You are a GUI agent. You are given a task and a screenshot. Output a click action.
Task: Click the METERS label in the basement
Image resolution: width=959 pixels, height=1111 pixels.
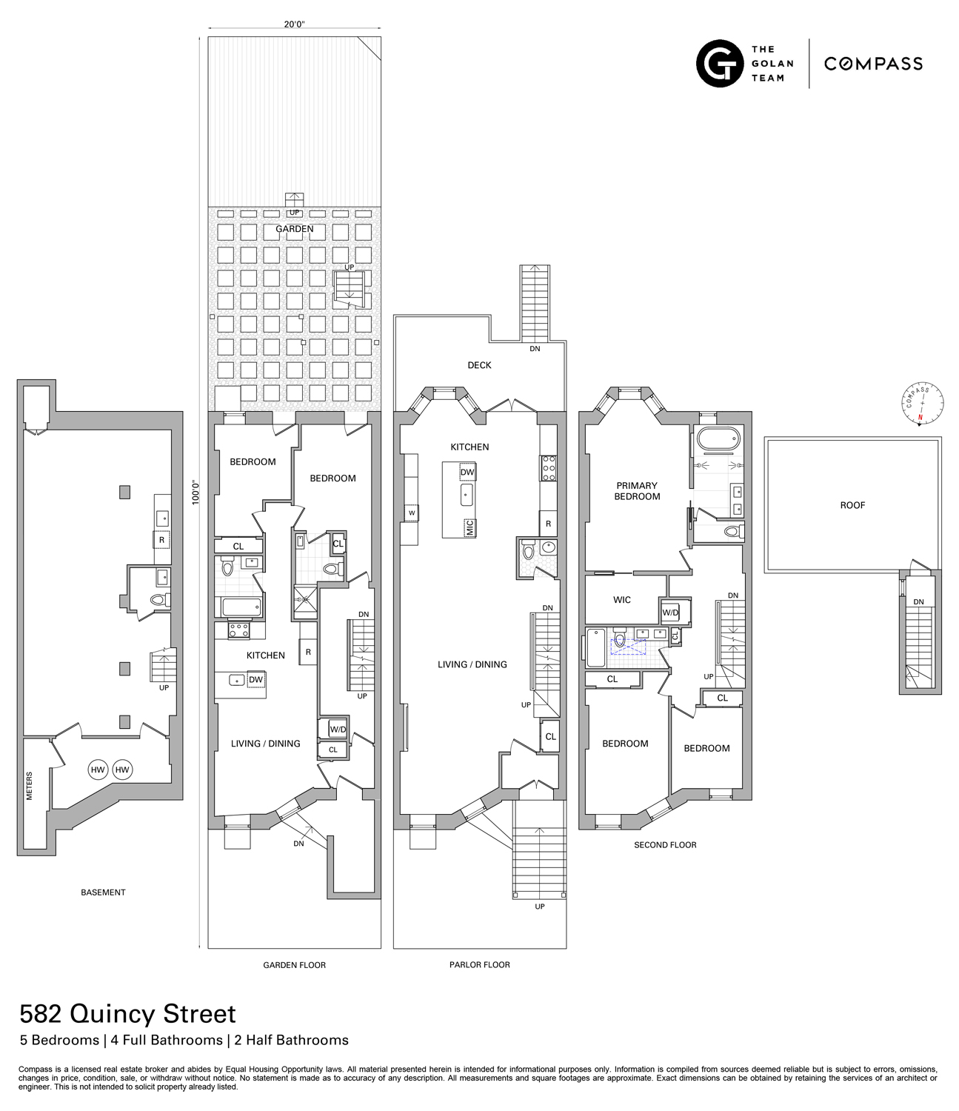click(30, 786)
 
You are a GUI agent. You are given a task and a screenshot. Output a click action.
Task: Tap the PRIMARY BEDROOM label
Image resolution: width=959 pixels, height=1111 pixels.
click(637, 491)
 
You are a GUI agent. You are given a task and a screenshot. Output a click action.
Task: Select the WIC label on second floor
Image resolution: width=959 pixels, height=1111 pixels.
click(622, 600)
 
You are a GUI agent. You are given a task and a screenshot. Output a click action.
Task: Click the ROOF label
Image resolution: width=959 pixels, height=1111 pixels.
click(852, 505)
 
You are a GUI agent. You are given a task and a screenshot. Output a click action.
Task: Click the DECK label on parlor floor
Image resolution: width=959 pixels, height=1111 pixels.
click(479, 365)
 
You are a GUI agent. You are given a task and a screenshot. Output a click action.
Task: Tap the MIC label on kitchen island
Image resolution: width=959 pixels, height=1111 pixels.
click(469, 527)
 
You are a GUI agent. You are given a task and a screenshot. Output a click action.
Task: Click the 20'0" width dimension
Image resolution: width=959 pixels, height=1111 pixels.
click(294, 24)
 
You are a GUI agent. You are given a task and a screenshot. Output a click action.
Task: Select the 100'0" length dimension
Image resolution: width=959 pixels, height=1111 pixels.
click(196, 493)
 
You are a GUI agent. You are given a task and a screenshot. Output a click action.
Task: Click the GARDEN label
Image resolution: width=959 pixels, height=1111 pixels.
click(295, 229)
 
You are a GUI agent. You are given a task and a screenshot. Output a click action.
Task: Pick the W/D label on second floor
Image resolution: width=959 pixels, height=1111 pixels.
click(670, 613)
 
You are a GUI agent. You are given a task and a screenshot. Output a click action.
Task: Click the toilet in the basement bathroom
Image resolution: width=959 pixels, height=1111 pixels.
click(158, 600)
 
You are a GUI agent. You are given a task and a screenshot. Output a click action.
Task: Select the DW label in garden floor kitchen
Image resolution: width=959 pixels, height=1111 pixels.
click(255, 680)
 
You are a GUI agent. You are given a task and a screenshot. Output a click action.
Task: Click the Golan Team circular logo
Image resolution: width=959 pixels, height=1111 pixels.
click(719, 64)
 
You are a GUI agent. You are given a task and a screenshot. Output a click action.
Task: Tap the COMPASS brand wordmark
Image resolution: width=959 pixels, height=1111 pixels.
click(873, 64)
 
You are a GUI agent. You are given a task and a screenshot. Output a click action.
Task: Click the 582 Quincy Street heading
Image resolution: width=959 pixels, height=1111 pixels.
click(127, 1013)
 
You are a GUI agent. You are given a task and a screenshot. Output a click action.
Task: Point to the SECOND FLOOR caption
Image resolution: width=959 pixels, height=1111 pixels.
click(665, 845)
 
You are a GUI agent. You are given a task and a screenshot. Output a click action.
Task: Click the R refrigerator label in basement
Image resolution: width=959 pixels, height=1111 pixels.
click(161, 540)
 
